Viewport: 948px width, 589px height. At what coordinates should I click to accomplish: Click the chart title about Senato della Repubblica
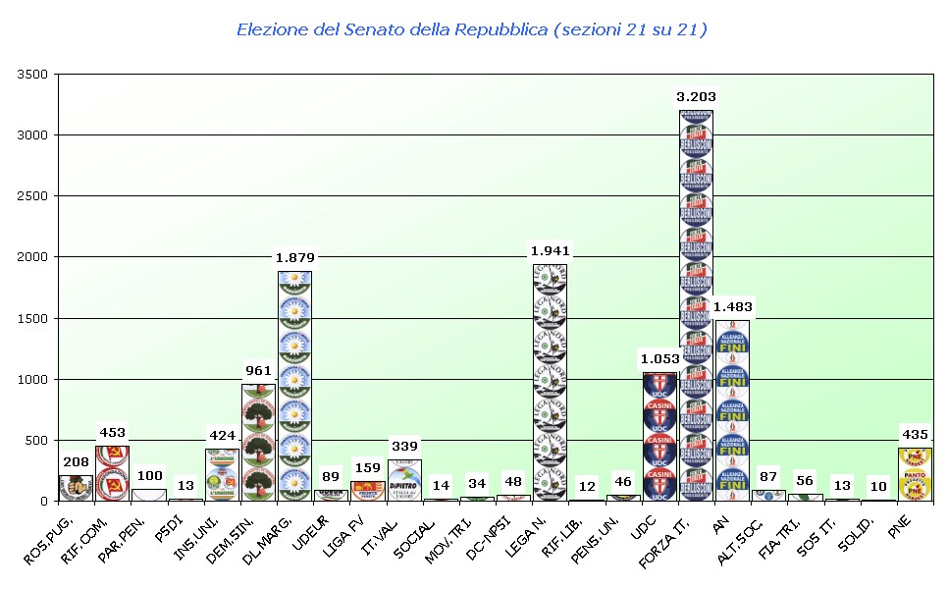pyautogui.click(x=472, y=29)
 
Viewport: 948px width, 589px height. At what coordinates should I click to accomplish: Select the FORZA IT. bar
pyautogui.click(x=696, y=305)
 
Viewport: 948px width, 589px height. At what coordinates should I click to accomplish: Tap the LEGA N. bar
pyautogui.click(x=550, y=382)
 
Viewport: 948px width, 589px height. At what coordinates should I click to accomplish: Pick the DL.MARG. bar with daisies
pyautogui.click(x=294, y=386)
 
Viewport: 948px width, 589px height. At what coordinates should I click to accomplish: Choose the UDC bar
pyautogui.click(x=659, y=436)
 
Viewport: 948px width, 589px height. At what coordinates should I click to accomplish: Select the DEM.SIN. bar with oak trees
pyautogui.click(x=258, y=442)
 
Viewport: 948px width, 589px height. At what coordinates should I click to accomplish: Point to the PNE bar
pyautogui.click(x=916, y=474)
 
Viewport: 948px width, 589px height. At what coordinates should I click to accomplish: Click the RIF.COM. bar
pyautogui.click(x=112, y=473)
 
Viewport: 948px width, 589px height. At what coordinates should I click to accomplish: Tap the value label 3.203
pyautogui.click(x=696, y=96)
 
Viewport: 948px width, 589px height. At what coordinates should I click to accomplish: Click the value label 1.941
pyautogui.click(x=550, y=250)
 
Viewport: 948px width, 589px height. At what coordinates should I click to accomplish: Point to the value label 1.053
pyautogui.click(x=659, y=358)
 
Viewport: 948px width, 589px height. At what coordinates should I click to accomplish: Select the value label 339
pyautogui.click(x=404, y=446)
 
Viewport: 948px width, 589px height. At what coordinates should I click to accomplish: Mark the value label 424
pyautogui.click(x=222, y=435)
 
